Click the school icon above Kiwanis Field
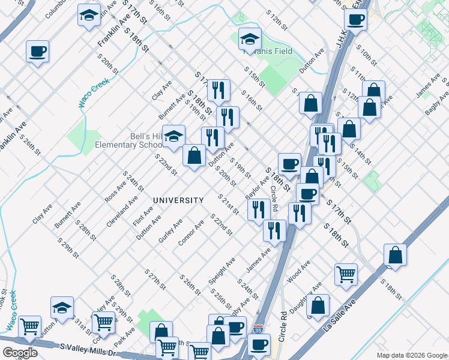(250, 39)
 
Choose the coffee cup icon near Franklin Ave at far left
(37, 52)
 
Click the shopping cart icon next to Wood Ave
(346, 274)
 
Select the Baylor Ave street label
(258, 188)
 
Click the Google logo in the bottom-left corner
(19, 353)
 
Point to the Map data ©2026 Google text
(411, 355)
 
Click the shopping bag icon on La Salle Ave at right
(395, 254)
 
